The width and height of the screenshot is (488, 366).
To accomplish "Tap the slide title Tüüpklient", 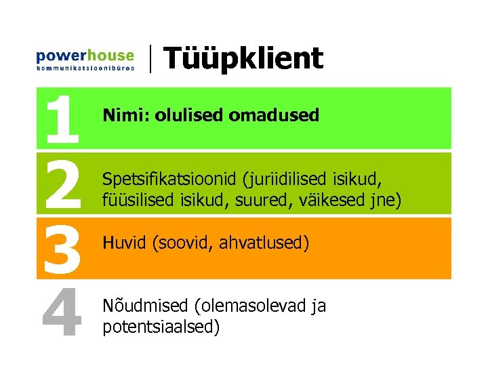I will (243, 58).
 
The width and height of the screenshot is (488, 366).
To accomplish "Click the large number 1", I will (62, 119).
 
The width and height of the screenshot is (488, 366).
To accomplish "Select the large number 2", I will (62, 183).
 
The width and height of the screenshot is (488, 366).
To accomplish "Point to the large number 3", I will (62, 248).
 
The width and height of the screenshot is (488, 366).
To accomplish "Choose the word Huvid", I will (123, 243).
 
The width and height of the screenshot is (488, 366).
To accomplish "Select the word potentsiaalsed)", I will (161, 327).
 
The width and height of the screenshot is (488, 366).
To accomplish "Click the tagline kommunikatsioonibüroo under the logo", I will (85, 68).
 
